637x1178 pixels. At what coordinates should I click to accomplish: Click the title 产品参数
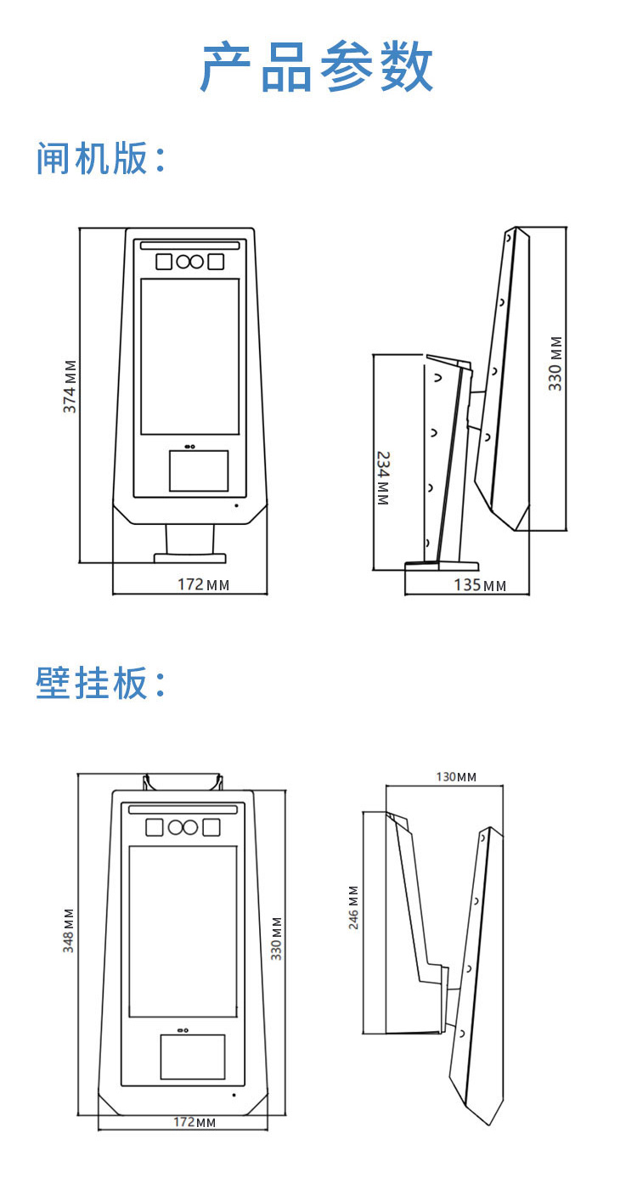click(x=317, y=67)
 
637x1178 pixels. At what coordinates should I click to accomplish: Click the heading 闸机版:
click(x=100, y=158)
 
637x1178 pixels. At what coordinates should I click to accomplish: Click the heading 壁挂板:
click(x=100, y=683)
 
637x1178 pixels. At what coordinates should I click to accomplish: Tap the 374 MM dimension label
click(x=70, y=386)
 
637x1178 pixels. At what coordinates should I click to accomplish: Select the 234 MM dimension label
click(x=383, y=478)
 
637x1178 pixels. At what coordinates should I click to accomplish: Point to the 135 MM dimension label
click(x=480, y=585)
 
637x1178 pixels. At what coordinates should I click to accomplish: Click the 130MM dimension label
click(x=456, y=777)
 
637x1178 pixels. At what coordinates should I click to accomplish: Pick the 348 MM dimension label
click(x=69, y=930)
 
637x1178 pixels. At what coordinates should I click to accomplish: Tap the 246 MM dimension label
click(x=353, y=907)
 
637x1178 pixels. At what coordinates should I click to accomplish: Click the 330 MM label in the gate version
click(x=555, y=364)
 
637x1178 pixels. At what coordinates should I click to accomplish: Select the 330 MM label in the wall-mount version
click(x=277, y=938)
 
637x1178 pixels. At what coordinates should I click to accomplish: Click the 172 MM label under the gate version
click(x=203, y=584)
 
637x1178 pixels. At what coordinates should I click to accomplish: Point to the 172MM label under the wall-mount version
click(x=194, y=1122)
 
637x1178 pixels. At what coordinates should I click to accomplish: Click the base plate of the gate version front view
click(x=190, y=558)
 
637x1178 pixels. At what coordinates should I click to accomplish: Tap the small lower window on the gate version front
click(x=198, y=471)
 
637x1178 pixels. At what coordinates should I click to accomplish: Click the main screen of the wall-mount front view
click(x=183, y=932)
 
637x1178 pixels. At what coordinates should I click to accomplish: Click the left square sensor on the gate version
click(x=164, y=262)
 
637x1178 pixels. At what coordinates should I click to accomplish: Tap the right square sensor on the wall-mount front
click(x=211, y=827)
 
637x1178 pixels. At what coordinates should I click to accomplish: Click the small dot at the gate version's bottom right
click(x=236, y=505)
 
